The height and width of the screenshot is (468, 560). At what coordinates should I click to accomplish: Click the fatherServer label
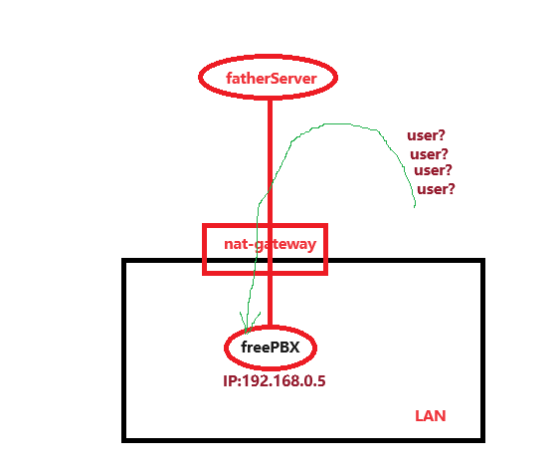[x=272, y=79]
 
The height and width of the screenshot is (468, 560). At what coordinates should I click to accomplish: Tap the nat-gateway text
[x=270, y=244]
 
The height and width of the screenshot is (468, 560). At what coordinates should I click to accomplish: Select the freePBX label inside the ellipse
[x=271, y=348]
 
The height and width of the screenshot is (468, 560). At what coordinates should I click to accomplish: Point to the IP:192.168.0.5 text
[x=275, y=381]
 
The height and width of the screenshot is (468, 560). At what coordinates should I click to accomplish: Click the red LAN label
[x=431, y=416]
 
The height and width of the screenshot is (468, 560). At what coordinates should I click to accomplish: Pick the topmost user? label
[x=426, y=135]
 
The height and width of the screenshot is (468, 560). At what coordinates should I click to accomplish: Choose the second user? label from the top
[x=429, y=154]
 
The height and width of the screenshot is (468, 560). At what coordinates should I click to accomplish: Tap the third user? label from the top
[x=433, y=170]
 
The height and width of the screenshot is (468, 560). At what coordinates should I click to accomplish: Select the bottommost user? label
[x=436, y=189]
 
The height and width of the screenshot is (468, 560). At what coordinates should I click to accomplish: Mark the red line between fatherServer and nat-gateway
[x=270, y=161]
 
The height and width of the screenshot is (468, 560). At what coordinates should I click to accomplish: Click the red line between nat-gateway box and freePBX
[x=270, y=301]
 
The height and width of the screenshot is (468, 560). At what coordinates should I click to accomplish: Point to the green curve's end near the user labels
[x=415, y=207]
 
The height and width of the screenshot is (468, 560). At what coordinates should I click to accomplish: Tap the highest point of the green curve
[x=336, y=124]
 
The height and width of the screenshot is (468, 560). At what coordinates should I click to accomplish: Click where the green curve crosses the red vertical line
[x=270, y=188]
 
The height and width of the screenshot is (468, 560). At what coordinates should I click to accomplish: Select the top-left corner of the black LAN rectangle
[x=124, y=260]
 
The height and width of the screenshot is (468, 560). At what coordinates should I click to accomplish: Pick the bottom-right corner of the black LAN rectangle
[x=482, y=440]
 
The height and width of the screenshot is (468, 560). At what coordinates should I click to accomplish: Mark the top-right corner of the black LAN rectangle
[x=482, y=260]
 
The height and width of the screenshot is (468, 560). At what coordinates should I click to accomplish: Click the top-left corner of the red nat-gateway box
[x=204, y=226]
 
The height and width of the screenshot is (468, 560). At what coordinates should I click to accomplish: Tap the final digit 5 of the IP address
[x=321, y=381]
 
